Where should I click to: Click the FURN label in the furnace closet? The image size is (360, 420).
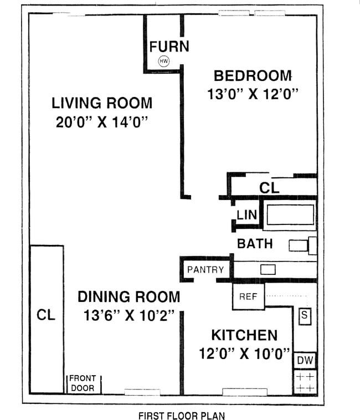pos(169,47)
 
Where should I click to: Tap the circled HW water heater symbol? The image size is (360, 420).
pos(164,62)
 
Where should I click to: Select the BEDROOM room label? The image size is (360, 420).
pos(253,75)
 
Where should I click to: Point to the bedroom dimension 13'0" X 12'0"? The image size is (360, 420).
pos(253,94)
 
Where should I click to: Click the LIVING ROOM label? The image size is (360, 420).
pos(102,103)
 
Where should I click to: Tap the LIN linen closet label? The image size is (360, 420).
pos(245,215)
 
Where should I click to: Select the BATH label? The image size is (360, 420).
pos(255,243)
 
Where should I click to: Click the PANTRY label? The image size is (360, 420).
pos(205,270)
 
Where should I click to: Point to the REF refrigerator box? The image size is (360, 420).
pos(248,296)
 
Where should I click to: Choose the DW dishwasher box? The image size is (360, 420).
pos(305,361)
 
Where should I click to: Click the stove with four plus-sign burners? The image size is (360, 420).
pos(305,382)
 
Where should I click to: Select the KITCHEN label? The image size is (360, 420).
pos(244,335)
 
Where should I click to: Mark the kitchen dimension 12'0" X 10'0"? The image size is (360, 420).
pos(245,354)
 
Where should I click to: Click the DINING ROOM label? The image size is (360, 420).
pos(128,296)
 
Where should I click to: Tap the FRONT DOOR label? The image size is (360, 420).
pos(83,383)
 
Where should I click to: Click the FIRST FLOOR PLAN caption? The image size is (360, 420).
pos(181,414)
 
